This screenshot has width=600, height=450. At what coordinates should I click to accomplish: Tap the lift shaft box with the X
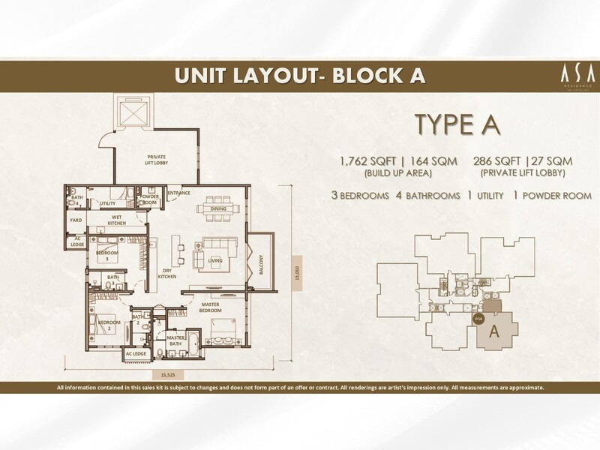[x=131, y=112]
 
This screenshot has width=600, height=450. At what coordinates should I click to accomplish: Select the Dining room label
[x=218, y=209]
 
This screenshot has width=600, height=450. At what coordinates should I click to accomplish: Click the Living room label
[x=216, y=261]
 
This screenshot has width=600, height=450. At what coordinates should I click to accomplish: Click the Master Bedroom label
[x=210, y=307]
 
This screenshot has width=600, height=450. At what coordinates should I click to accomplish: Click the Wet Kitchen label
[x=115, y=220]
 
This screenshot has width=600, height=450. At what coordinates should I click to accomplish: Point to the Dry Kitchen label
[x=166, y=274]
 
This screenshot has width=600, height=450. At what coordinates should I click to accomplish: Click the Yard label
[x=76, y=220]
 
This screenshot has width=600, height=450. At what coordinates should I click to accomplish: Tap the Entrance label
[x=179, y=193]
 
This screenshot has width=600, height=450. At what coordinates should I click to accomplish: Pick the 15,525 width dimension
[x=168, y=373]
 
